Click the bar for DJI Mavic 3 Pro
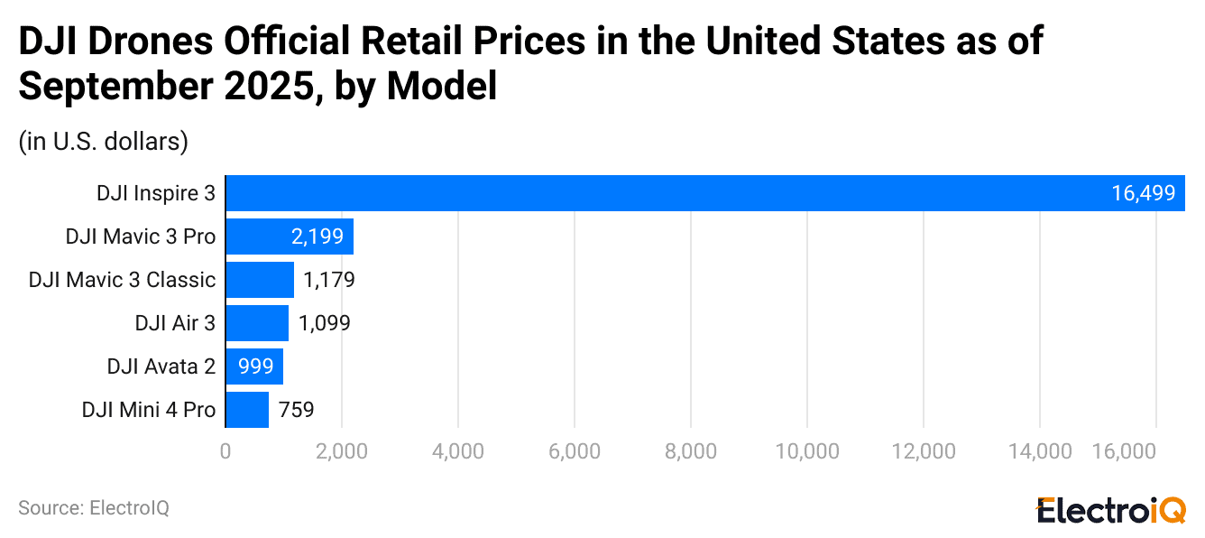coord(289,237)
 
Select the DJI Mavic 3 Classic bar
coord(260,280)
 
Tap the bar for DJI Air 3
coord(257,323)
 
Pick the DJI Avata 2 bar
coord(254,366)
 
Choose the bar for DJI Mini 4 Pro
coord(247,410)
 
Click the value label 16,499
coord(1143,193)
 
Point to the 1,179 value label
coord(328,280)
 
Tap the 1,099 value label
coord(324,323)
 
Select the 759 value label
coord(296,410)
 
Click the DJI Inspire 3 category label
coord(156,193)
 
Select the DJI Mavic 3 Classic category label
coord(122,280)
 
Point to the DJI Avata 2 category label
coord(161,366)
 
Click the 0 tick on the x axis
coord(225,451)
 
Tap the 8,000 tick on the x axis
coord(690,451)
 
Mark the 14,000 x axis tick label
coord(1039,451)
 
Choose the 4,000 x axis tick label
coord(458,451)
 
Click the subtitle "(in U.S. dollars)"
coord(103,141)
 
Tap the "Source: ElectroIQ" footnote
coord(94,508)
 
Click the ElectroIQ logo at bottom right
coord(1110,510)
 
